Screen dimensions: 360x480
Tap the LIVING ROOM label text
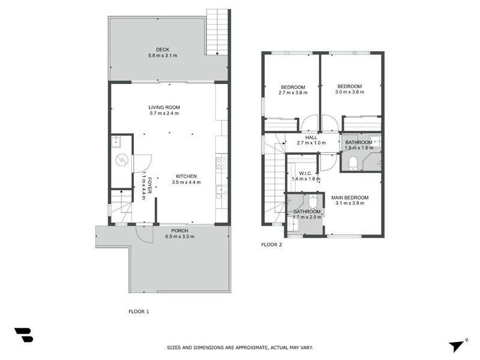coord(164,107)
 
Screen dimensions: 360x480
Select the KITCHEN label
coord(186,176)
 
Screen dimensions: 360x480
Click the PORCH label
coord(179,230)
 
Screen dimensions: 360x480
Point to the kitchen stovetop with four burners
coord(221,163)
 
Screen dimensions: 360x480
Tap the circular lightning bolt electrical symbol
coord(122,160)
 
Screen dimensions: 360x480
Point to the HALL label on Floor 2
coord(311,137)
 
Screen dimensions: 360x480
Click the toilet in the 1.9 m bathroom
coord(353,162)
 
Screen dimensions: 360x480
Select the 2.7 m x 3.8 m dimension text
coord(293,93)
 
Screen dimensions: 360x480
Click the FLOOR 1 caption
coord(139,311)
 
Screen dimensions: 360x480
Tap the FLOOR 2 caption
coord(271,244)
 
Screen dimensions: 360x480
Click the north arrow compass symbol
coord(458,344)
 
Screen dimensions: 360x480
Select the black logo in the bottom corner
coord(23,335)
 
